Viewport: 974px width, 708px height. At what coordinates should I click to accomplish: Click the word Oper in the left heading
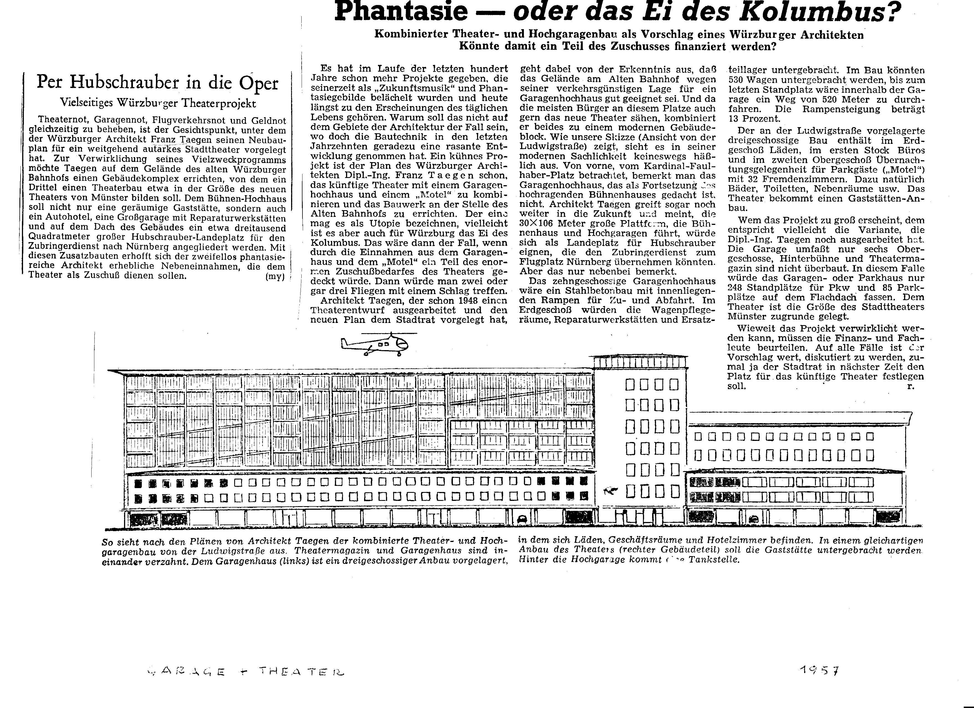[x=259, y=83]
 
